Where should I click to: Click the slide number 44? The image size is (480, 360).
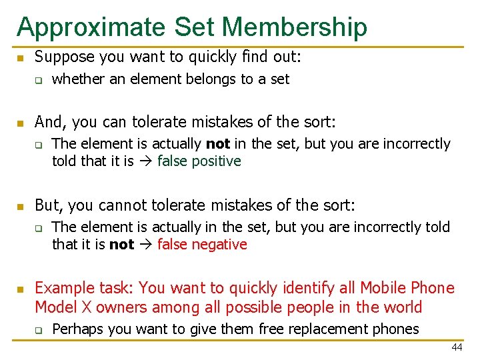coord(457,347)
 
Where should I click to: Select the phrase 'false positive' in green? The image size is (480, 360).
coord(199,161)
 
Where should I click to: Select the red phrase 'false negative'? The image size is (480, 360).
coord(202,245)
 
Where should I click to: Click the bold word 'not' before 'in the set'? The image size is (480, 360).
coord(218,144)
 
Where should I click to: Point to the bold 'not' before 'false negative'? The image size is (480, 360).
coord(121,245)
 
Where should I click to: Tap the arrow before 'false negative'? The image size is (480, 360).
coord(145,245)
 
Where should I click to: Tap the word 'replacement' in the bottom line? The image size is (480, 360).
coord(326,329)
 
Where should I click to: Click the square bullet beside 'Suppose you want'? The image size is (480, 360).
coord(21,58)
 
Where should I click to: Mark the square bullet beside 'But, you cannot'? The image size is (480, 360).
coord(21,205)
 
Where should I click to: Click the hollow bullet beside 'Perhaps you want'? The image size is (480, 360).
coord(39,329)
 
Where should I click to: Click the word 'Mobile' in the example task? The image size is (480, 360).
coord(384,288)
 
